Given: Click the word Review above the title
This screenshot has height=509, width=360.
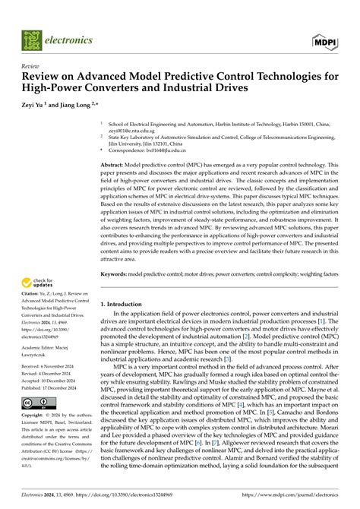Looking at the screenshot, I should pyautogui.click(x=30, y=66).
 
